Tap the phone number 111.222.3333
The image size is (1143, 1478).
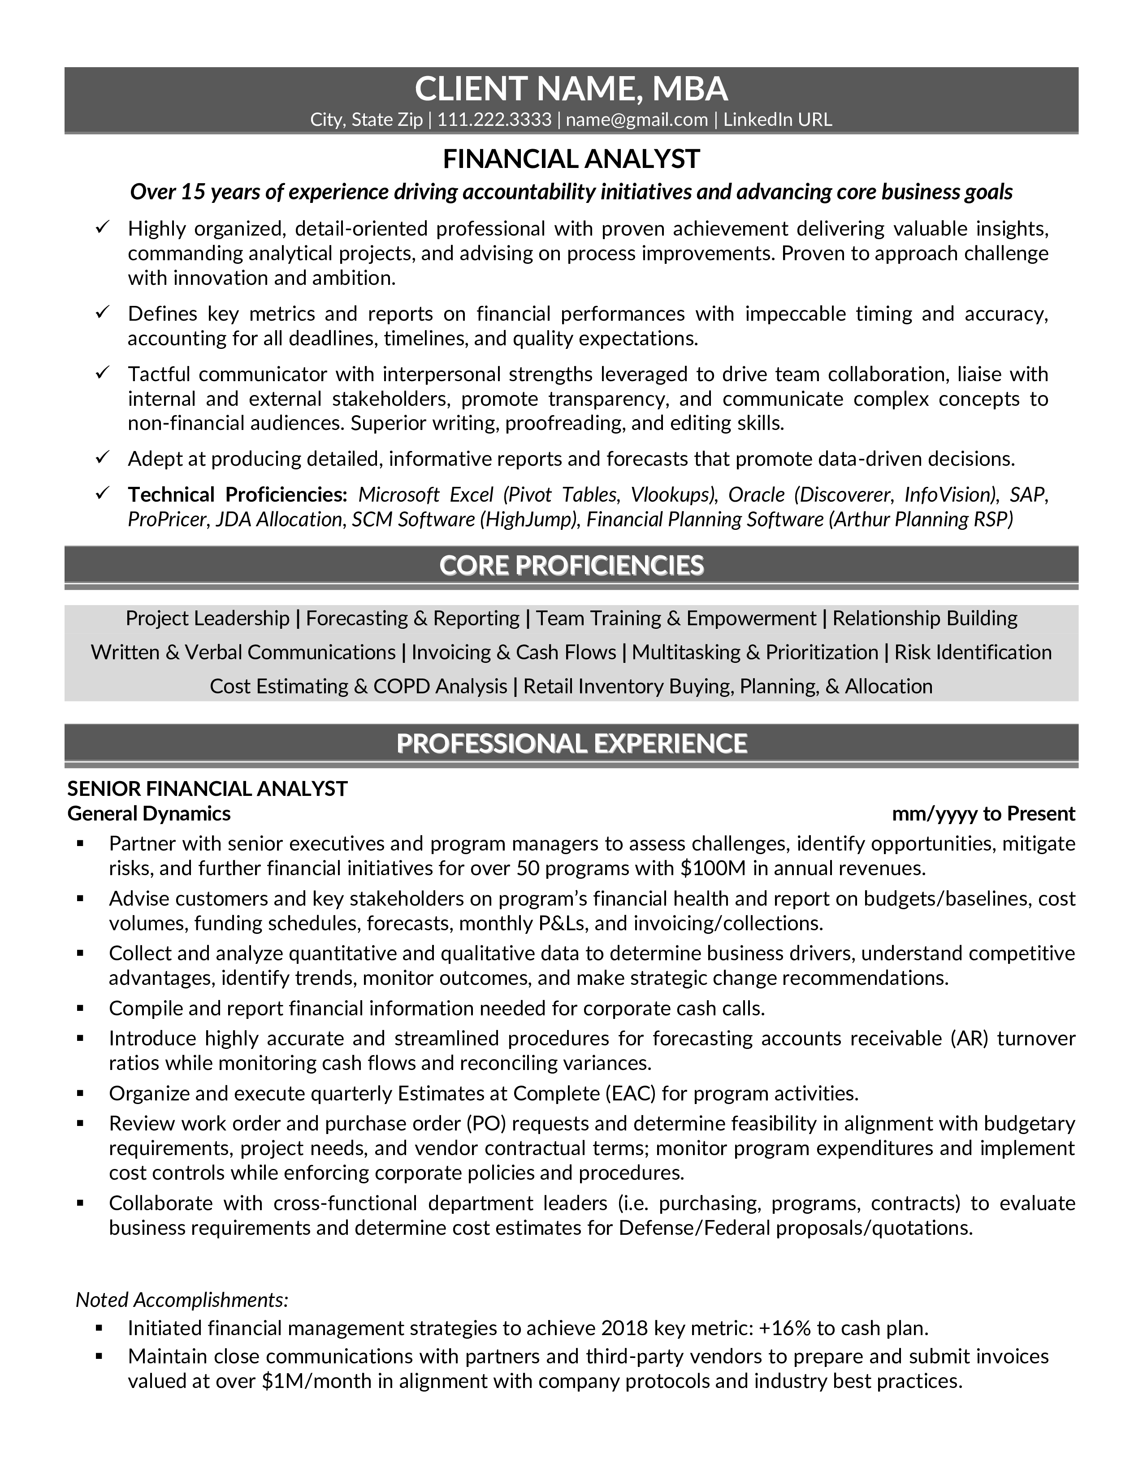pos(494,120)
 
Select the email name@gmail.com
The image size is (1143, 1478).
pos(636,120)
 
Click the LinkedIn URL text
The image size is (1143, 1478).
pos(777,120)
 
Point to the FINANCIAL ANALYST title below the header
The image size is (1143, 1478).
pos(571,159)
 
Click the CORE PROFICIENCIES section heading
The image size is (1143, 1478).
pos(571,565)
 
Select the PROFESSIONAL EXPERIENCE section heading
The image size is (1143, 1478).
pos(571,743)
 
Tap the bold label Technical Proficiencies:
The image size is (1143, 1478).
pos(237,495)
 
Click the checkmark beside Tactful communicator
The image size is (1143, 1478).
pos(102,373)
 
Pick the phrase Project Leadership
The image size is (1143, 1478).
pos(207,618)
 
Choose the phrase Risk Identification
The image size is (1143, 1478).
pos(972,652)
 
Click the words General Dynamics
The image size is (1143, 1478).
pos(149,813)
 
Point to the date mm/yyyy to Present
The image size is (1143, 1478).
pos(983,813)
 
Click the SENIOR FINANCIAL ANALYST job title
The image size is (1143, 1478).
pos(207,788)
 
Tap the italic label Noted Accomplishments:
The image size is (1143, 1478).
pos(182,1299)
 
